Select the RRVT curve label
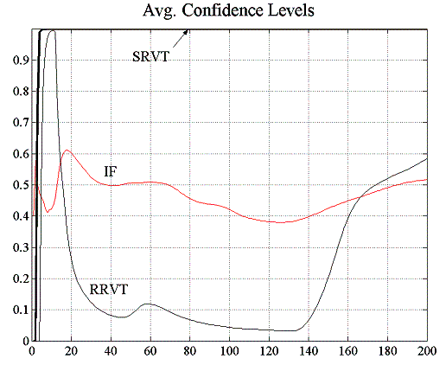pos(107,288)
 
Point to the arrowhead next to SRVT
pos(186,34)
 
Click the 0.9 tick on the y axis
pos(17,61)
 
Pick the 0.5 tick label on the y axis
pos(17,185)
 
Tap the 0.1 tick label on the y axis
pos(17,310)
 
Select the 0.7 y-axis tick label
pos(17,123)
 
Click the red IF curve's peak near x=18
pos(67,150)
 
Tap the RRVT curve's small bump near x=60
pos(149,304)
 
